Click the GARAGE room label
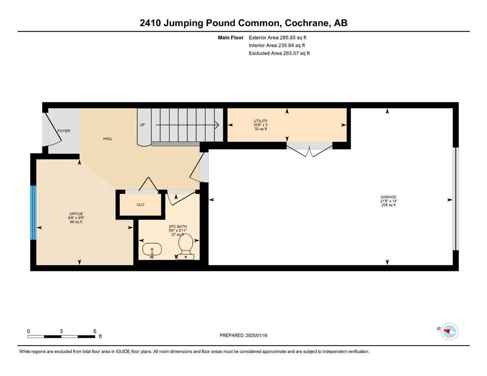click(x=388, y=197)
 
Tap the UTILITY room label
click(x=260, y=121)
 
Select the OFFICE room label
click(x=76, y=214)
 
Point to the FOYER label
click(x=64, y=131)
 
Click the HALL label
click(x=108, y=139)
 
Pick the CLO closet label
click(x=140, y=205)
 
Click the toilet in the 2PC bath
click(x=186, y=247)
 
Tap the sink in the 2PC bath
click(x=152, y=250)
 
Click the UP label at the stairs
click(x=142, y=125)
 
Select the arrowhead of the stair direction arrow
click(x=217, y=125)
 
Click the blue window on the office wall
click(x=33, y=212)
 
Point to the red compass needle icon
click(x=448, y=332)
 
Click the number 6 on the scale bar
click(x=95, y=331)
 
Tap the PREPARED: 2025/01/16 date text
click(x=243, y=335)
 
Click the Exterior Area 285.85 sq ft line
click(x=278, y=38)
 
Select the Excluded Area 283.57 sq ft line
click(x=279, y=53)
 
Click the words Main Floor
click(x=231, y=38)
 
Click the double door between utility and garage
click(x=309, y=149)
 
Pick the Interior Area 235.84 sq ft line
click(x=277, y=45)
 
